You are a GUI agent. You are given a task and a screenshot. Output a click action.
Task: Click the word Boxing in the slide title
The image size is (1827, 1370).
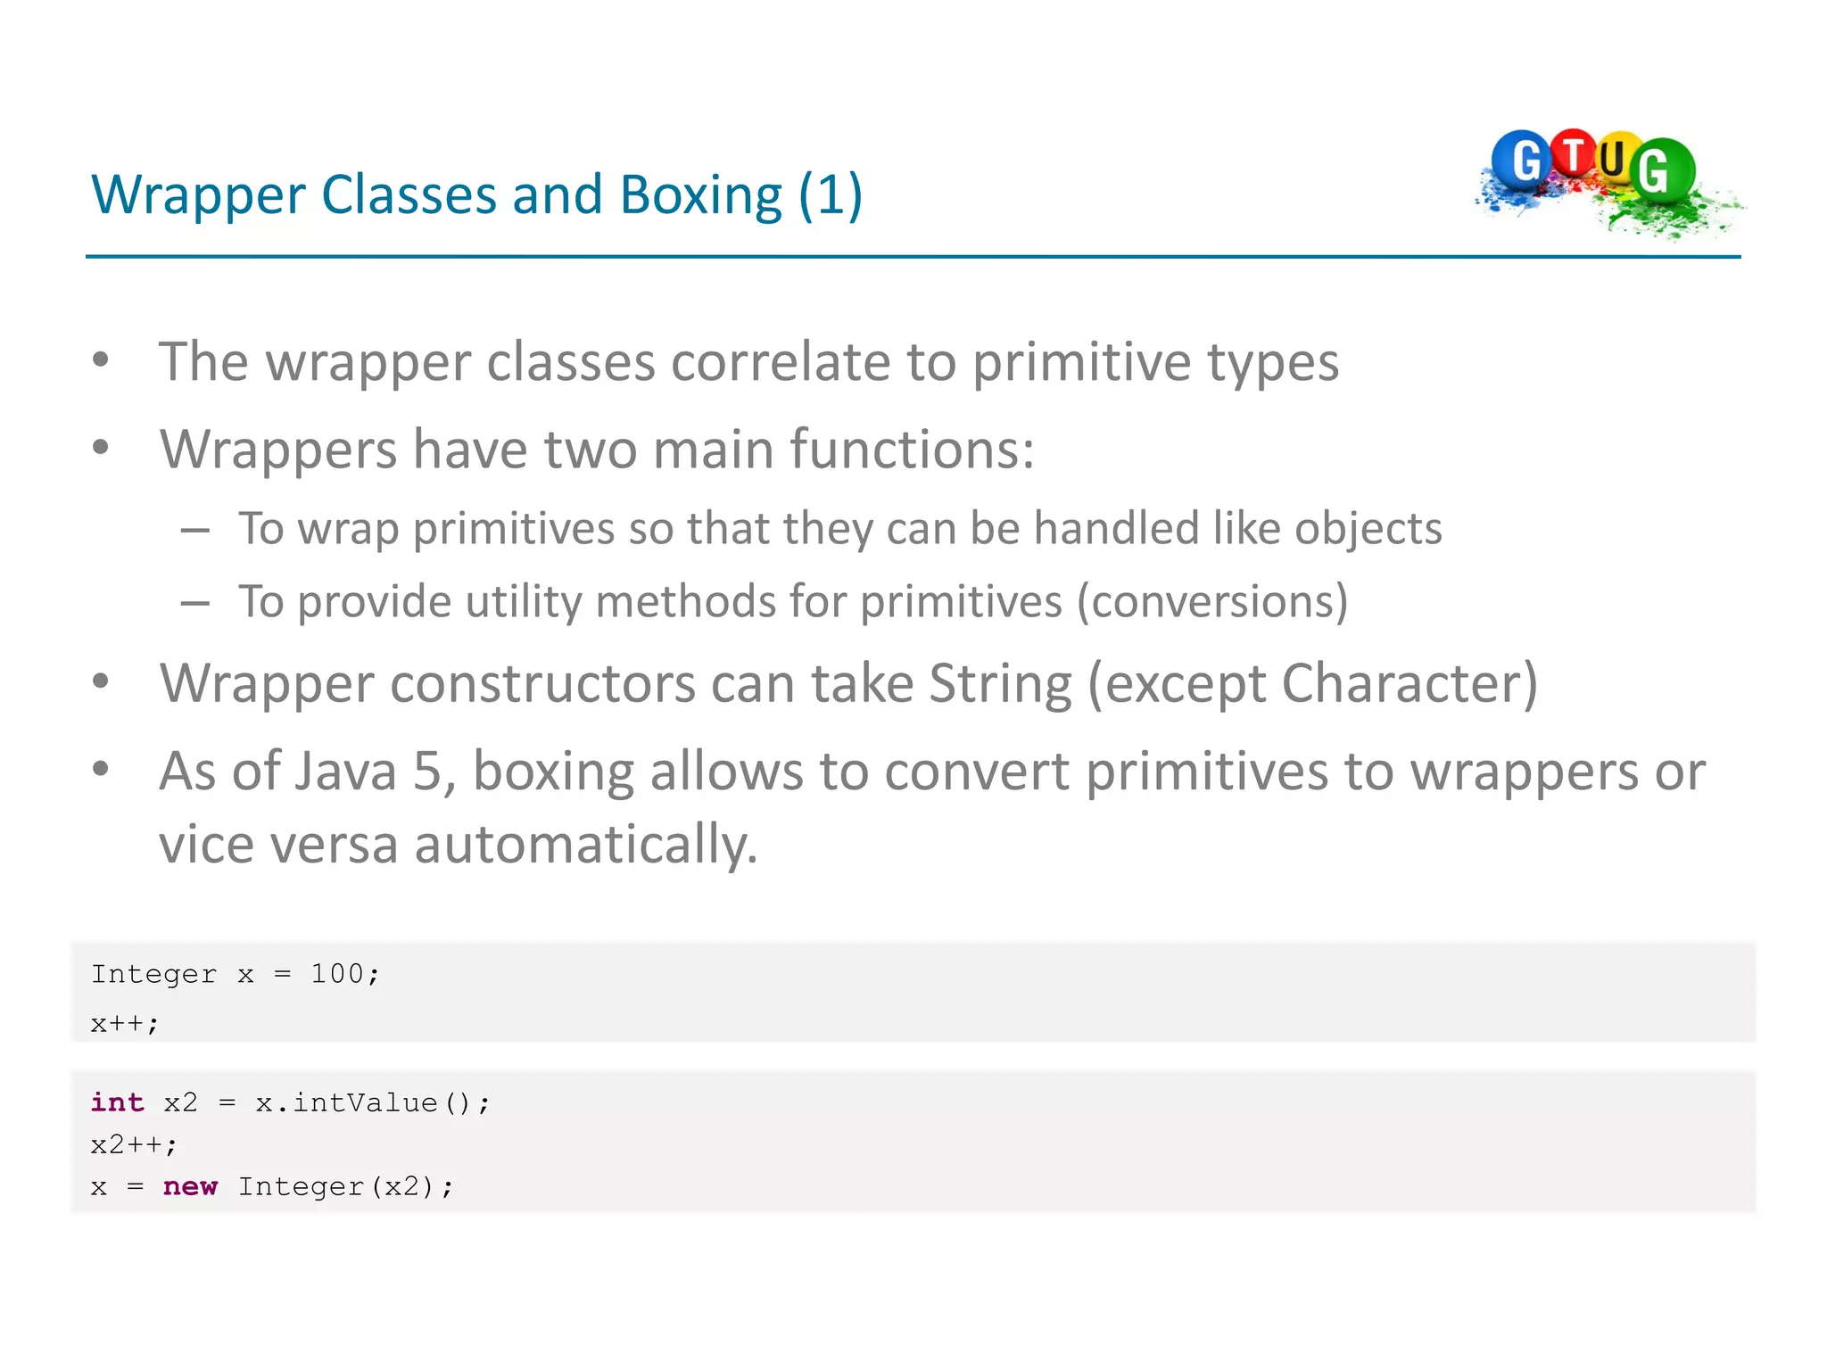point(700,195)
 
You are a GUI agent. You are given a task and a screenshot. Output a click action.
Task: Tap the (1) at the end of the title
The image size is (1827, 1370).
point(830,195)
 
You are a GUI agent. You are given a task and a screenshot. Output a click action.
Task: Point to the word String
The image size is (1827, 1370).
point(1000,684)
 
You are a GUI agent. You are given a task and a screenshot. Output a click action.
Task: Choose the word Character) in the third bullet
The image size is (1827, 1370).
point(1410,684)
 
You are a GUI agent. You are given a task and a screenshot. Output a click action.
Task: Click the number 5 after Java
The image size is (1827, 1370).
point(426,772)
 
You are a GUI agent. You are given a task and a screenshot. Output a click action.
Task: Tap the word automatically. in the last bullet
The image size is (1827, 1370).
point(585,844)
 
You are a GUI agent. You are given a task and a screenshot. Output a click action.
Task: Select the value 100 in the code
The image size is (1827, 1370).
point(336,973)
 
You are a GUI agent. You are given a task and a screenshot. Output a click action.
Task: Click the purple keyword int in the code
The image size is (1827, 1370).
point(117,1102)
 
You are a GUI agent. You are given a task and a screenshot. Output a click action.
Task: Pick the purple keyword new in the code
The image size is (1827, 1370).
point(190,1186)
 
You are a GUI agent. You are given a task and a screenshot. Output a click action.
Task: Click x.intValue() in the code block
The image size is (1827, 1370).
point(364,1102)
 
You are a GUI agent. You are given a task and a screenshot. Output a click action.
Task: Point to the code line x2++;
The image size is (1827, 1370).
point(134,1144)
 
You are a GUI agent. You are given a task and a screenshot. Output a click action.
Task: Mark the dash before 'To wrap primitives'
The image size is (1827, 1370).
point(195,531)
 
